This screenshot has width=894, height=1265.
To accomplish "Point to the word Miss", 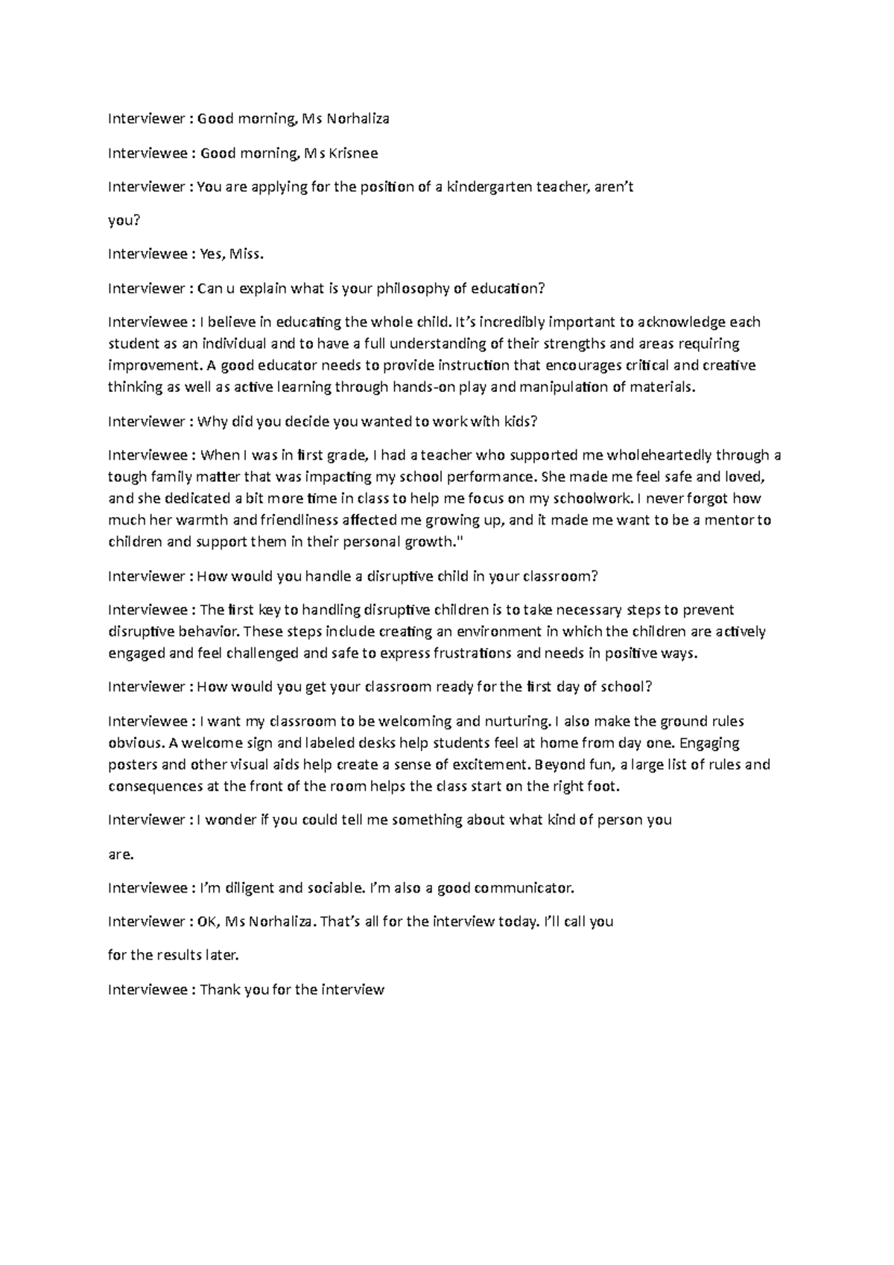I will point(247,254).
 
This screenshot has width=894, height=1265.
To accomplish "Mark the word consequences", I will point(153,786).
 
